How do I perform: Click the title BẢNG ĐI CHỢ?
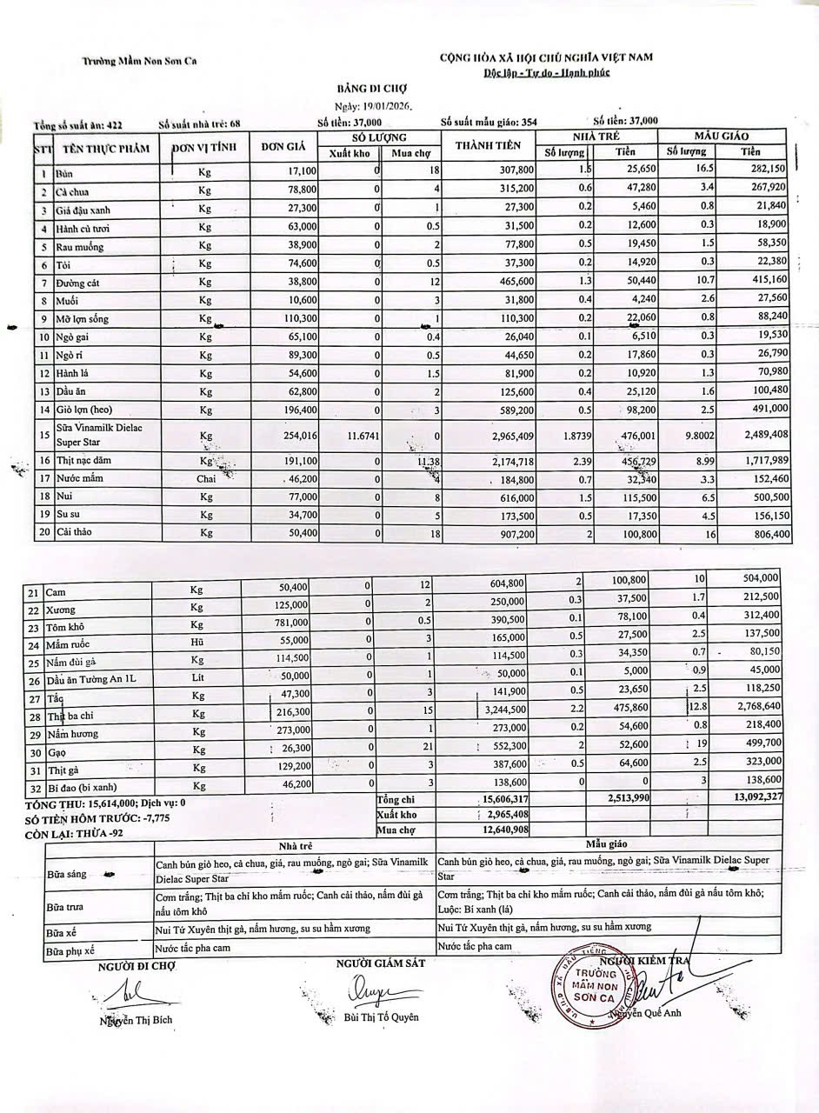pyautogui.click(x=371, y=89)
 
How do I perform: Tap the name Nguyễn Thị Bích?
pyautogui.click(x=131, y=1022)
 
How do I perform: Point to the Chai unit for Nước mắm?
pyautogui.click(x=205, y=478)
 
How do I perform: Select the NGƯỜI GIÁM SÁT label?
pyautogui.click(x=380, y=963)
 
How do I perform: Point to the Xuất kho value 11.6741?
pyautogui.click(x=350, y=434)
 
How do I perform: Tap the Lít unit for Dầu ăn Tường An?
pyautogui.click(x=199, y=678)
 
